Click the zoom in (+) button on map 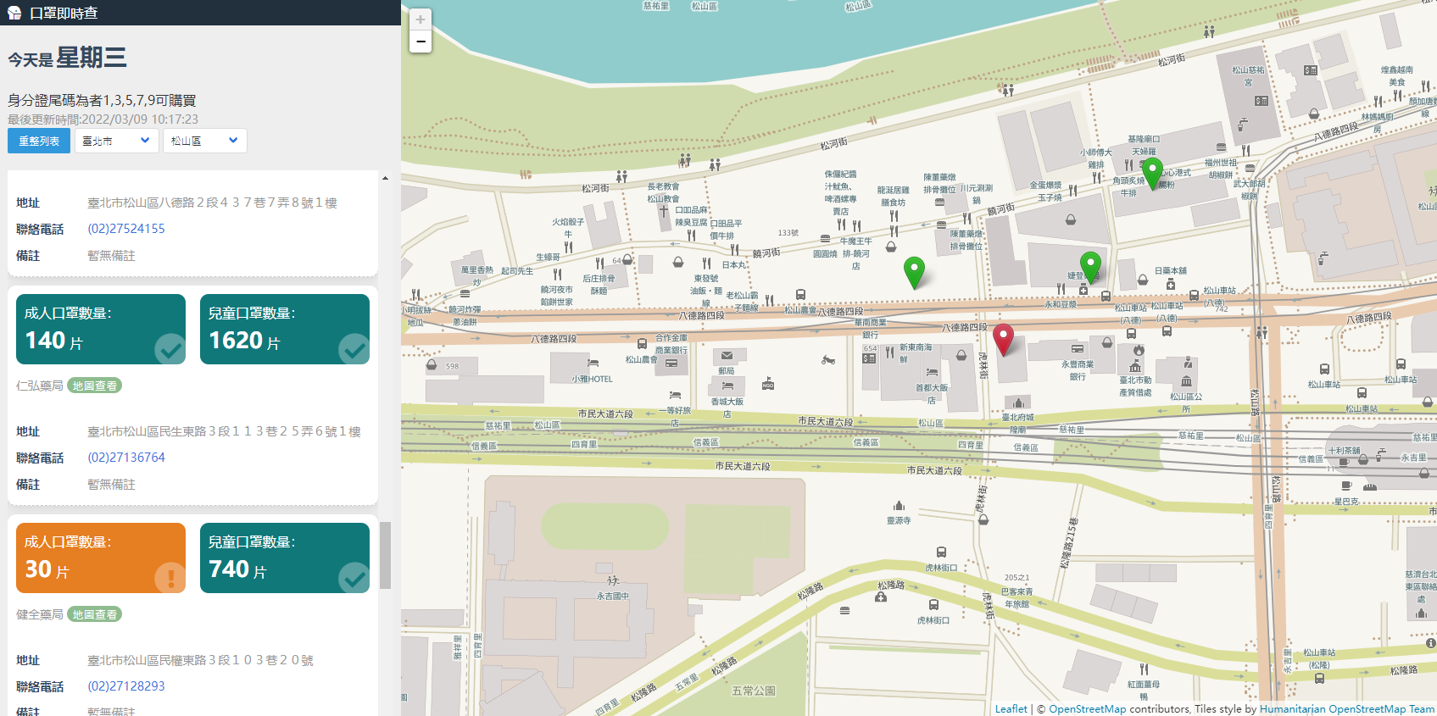[x=421, y=19]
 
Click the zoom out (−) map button [x=421, y=42]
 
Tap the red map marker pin [x=1003, y=338]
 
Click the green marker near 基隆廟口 [x=1152, y=172]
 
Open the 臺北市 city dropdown [x=116, y=141]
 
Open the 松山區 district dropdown [x=204, y=141]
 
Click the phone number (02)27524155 [x=126, y=229]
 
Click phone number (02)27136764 [x=126, y=458]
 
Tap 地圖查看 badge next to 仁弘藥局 [x=94, y=386]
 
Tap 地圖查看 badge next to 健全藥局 [x=94, y=614]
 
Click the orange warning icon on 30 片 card [x=170, y=578]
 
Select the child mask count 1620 [x=236, y=340]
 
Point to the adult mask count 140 [x=46, y=340]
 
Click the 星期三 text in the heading [x=92, y=58]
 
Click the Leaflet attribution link [x=1011, y=709]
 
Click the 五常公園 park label [x=753, y=691]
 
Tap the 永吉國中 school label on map [x=612, y=596]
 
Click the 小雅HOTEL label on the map [x=592, y=379]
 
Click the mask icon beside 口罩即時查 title [x=14, y=13]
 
